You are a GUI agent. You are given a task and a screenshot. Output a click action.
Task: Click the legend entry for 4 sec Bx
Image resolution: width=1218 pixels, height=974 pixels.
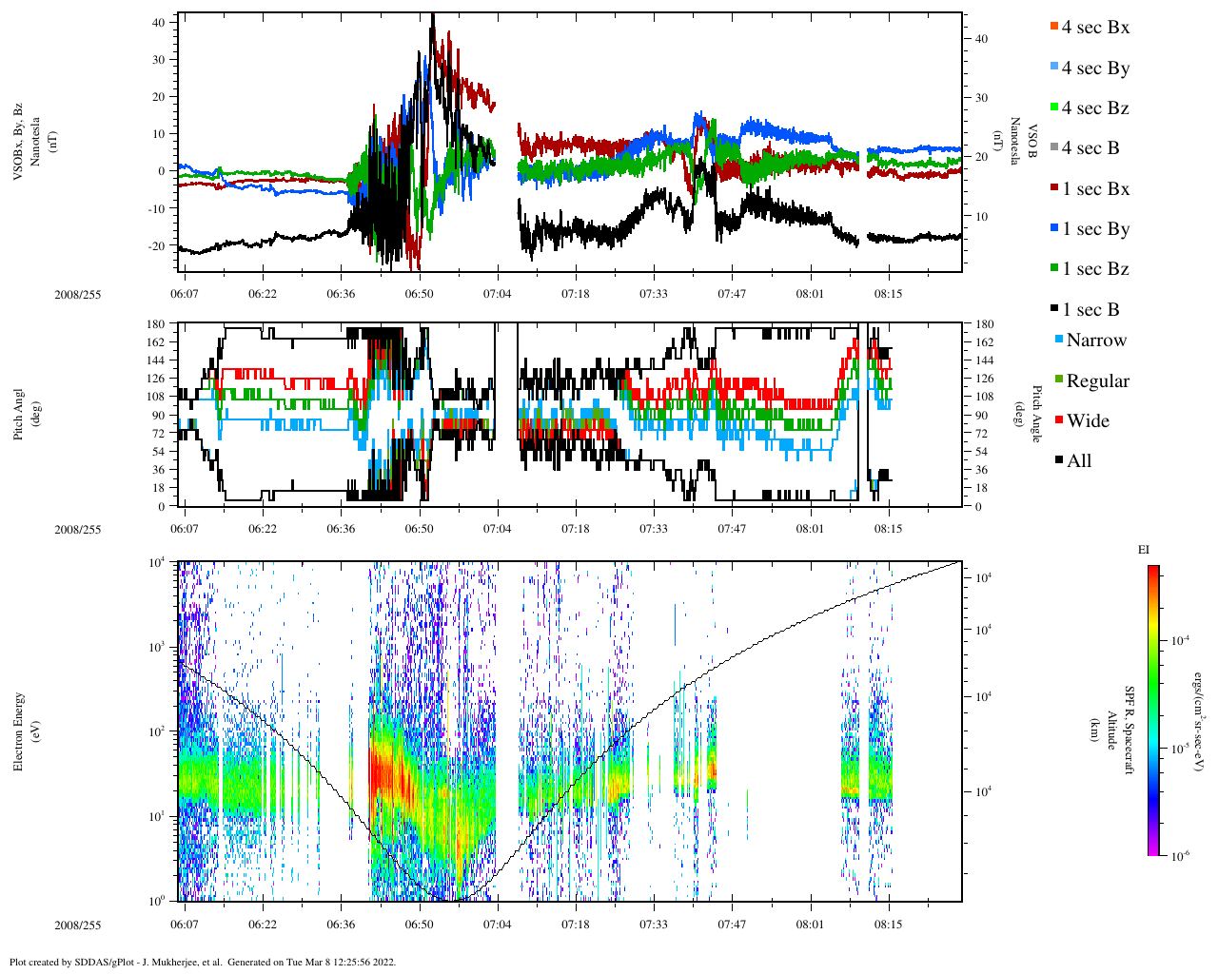coord(1094,28)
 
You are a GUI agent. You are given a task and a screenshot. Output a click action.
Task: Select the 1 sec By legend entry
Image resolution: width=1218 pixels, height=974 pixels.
coord(1094,229)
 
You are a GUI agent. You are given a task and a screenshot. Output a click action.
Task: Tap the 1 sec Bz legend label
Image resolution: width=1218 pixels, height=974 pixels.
coord(1094,269)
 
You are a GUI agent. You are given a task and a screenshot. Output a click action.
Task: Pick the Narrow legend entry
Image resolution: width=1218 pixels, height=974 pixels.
coord(1095,341)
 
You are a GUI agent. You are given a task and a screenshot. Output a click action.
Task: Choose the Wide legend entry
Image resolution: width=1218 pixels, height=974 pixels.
coord(1087,421)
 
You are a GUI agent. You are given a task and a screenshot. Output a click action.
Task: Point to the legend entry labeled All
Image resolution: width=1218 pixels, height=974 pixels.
coord(1078,461)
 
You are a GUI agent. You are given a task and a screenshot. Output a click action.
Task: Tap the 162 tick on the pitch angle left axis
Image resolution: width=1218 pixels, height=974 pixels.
coord(156,342)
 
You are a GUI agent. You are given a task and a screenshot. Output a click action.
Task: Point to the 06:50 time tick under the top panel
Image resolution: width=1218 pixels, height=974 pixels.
coord(419,294)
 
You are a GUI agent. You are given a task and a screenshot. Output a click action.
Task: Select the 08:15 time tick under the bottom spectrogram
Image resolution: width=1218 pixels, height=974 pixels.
coord(889,925)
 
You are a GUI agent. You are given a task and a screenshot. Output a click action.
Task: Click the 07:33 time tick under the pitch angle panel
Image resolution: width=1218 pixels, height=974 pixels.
coord(653,529)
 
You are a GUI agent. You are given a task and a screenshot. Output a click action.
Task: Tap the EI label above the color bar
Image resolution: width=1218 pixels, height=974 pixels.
coord(1144,550)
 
